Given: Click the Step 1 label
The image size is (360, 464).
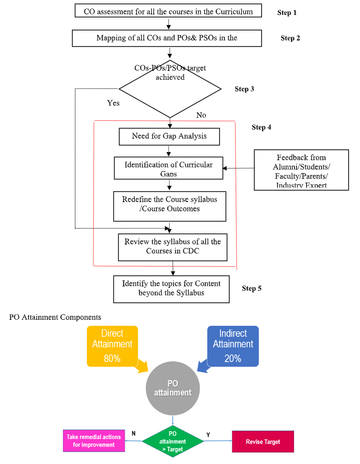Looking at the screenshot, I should [x=287, y=12].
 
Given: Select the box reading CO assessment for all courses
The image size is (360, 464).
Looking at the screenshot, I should [x=168, y=11].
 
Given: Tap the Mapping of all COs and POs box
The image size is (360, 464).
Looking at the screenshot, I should [x=167, y=38].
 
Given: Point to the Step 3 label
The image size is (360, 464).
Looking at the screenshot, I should [x=245, y=89].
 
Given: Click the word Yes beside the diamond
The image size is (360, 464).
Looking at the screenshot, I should [x=113, y=103].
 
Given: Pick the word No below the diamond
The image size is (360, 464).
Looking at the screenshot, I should [x=201, y=115].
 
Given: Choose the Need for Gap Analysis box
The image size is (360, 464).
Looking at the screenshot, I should [x=169, y=136].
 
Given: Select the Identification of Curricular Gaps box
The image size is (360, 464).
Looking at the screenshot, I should [x=168, y=169].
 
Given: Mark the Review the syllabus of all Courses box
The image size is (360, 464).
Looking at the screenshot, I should [x=173, y=246].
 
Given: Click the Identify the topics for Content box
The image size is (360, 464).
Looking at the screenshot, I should [x=171, y=288].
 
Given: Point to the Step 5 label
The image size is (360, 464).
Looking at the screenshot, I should [x=252, y=288].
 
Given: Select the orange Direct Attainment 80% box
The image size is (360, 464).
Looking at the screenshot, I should [x=112, y=345].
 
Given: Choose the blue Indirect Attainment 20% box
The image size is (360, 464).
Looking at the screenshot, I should [x=233, y=345].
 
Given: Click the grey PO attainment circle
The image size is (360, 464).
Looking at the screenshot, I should [x=173, y=388].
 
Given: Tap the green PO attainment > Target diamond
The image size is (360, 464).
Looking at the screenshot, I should [x=173, y=442].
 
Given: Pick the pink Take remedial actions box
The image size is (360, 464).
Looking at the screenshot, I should [x=93, y=441].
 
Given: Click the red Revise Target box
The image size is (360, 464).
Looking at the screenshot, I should [x=263, y=442].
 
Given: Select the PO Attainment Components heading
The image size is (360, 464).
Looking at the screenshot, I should [x=55, y=317].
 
